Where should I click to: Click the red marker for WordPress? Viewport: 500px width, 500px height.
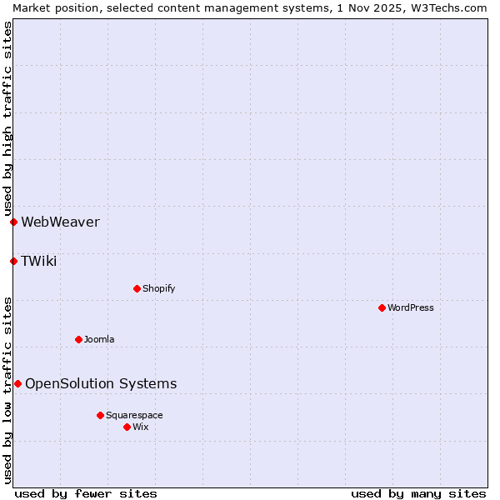pos(382,307)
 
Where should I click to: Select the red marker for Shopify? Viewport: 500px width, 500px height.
pos(137,288)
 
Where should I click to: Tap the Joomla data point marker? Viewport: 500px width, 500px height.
pos(78,339)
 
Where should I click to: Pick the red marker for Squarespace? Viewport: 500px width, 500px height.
pos(100,415)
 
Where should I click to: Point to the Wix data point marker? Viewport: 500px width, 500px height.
pos(127,427)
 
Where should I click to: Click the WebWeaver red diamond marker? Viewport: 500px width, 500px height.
pos(13,222)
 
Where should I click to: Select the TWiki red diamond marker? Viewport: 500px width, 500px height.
pos(13,261)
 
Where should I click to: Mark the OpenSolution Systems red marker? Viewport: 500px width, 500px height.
pos(17,383)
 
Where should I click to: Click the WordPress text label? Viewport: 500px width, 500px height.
pos(411,307)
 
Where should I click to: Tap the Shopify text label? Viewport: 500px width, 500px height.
pos(158,288)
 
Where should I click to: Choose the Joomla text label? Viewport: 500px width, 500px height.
pos(99,339)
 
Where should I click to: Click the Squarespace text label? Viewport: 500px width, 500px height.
pos(134,415)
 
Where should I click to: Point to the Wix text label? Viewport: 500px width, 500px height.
pos(140,427)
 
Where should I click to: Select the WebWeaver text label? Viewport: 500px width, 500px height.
pos(60,222)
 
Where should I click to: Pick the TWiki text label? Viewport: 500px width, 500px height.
pos(39,261)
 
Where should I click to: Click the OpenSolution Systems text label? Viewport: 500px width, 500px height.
pos(101,383)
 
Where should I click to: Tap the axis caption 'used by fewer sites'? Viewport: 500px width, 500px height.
pos(86,493)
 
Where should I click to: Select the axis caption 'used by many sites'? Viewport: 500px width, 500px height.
pos(418,493)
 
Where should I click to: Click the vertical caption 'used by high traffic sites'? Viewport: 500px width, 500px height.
pos(7,118)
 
